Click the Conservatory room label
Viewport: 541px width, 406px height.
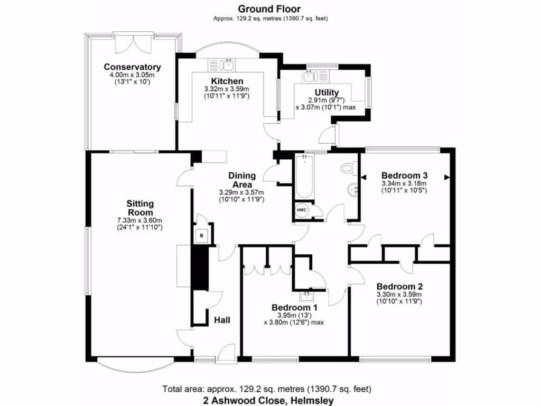click(x=132, y=67)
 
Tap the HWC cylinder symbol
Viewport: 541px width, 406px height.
click(x=301, y=210)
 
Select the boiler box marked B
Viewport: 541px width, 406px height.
click(x=202, y=236)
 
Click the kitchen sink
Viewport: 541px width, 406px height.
click(x=228, y=64)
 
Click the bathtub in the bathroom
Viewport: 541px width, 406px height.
click(x=304, y=177)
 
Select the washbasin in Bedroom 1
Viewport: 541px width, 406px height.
click(x=306, y=297)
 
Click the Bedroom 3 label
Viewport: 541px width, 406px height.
click(x=404, y=174)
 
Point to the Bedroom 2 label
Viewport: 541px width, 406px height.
click(x=399, y=286)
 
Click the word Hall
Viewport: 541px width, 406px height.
click(x=222, y=320)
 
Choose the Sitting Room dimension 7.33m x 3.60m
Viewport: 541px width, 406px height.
click(x=139, y=220)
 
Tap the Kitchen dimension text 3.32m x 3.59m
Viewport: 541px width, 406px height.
click(x=226, y=89)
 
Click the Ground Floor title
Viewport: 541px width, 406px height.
click(x=269, y=8)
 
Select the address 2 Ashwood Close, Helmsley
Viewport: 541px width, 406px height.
click(x=268, y=401)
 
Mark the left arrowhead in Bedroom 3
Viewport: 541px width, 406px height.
click(x=363, y=177)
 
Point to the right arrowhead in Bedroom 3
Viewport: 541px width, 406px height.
click(x=447, y=177)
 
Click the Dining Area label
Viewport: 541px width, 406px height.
click(x=242, y=180)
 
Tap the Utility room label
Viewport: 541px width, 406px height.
click(x=327, y=93)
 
